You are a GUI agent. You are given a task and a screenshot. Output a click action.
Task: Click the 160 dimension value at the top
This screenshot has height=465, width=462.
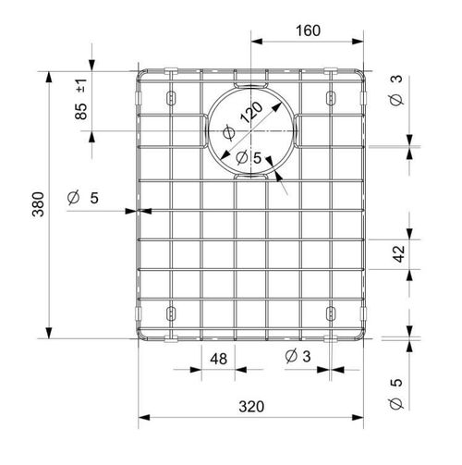point(308,31)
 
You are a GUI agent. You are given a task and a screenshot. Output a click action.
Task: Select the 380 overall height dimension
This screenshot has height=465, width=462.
point(39,204)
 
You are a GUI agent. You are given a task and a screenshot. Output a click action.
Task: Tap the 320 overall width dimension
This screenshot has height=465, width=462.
point(251,407)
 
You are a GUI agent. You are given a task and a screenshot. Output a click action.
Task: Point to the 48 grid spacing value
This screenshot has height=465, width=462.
point(219,359)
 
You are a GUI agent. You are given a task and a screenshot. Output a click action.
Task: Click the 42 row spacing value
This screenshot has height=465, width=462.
point(399,254)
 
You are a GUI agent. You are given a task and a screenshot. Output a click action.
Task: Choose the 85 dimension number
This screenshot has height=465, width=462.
point(81,111)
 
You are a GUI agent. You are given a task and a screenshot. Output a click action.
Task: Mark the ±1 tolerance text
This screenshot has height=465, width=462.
point(81,86)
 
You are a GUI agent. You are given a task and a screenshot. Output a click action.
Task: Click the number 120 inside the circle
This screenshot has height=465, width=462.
point(251,112)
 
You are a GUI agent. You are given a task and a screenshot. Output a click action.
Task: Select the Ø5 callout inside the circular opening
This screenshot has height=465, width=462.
point(249,158)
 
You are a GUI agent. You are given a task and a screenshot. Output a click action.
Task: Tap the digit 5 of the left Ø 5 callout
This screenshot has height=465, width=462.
point(94,198)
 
